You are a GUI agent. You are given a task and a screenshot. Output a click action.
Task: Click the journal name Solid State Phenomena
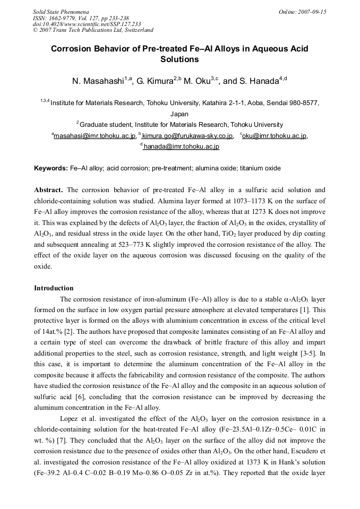61,11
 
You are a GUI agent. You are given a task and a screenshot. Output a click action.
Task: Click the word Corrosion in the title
72,49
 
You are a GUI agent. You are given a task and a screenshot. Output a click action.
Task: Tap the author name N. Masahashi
97,82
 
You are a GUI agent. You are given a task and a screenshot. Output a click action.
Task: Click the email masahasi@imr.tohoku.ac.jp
95,136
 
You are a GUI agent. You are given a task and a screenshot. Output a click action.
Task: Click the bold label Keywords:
51,168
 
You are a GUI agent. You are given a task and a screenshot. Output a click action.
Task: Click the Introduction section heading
54,288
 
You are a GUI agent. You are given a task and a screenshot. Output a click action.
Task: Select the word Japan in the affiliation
179,114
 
